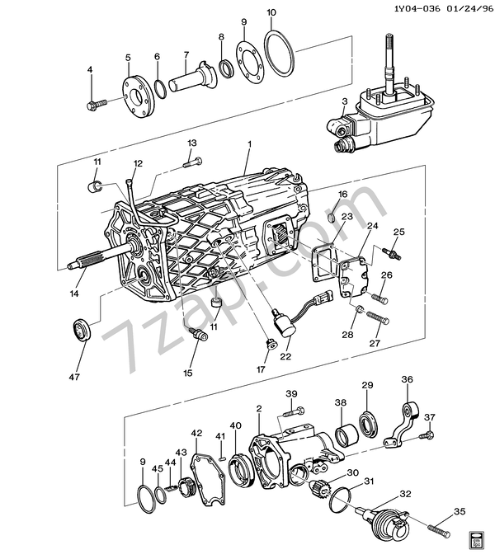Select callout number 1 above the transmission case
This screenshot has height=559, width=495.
[249, 144]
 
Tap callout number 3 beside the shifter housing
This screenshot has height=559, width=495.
[344, 101]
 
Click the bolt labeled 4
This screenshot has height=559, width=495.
[97, 105]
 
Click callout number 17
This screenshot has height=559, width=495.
[262, 369]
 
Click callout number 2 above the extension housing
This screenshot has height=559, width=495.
[258, 408]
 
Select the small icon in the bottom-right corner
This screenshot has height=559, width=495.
[478, 541]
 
